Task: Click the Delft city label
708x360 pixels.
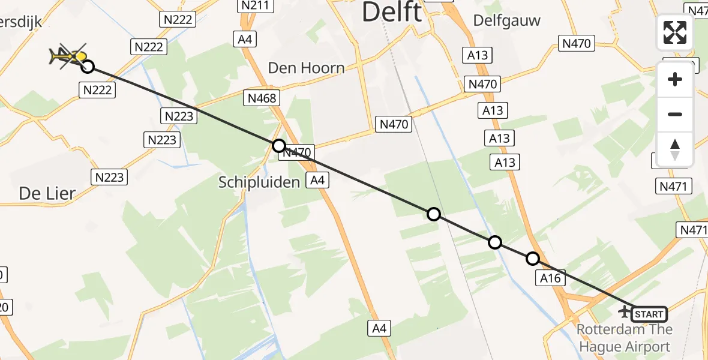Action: pyautogui.click(x=392, y=12)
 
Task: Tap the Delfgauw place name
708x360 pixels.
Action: pyautogui.click(x=506, y=20)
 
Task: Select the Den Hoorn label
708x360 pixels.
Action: pyautogui.click(x=306, y=68)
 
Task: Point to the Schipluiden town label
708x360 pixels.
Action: pyautogui.click(x=259, y=182)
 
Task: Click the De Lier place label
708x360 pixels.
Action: pyautogui.click(x=47, y=193)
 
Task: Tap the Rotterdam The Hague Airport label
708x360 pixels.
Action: pyautogui.click(x=624, y=338)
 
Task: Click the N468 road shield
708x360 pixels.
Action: pyautogui.click(x=261, y=98)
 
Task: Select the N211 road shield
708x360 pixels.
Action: pyautogui.click(x=252, y=5)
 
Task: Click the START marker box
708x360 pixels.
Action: pyautogui.click(x=649, y=314)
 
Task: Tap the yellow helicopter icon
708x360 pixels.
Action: pyautogui.click(x=67, y=56)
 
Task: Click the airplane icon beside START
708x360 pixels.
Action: pyautogui.click(x=625, y=311)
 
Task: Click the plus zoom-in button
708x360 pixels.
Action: pyautogui.click(x=675, y=79)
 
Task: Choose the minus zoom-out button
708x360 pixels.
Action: pyautogui.click(x=675, y=114)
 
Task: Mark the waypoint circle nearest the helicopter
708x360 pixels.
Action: pyautogui.click(x=88, y=66)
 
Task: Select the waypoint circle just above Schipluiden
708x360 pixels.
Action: pyautogui.click(x=278, y=145)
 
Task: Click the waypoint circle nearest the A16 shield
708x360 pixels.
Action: pyautogui.click(x=532, y=259)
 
